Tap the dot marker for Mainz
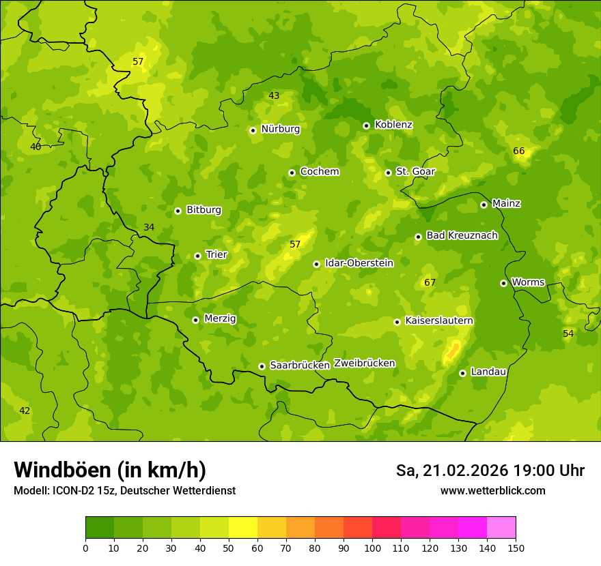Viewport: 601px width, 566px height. [484, 205]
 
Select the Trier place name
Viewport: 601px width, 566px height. [216, 255]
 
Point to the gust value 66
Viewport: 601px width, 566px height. [519, 151]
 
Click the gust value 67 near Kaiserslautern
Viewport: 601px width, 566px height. [430, 282]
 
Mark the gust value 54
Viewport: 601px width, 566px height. [568, 333]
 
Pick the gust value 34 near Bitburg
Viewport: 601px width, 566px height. [149, 227]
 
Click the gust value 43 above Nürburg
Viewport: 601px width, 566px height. [274, 95]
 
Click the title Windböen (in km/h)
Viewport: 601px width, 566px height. [110, 470]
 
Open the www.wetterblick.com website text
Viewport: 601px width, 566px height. [492, 491]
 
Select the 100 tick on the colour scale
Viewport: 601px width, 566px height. [372, 548]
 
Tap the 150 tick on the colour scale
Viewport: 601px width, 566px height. [515, 548]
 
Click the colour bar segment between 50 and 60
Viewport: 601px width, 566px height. [243, 528]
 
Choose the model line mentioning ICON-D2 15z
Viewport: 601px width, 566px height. [124, 491]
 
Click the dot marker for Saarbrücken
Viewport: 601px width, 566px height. [262, 366]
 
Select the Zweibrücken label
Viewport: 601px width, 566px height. [365, 363]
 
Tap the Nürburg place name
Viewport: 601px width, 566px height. [281, 129]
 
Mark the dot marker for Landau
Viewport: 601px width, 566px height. [462, 373]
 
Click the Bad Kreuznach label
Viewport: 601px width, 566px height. [462, 235]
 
